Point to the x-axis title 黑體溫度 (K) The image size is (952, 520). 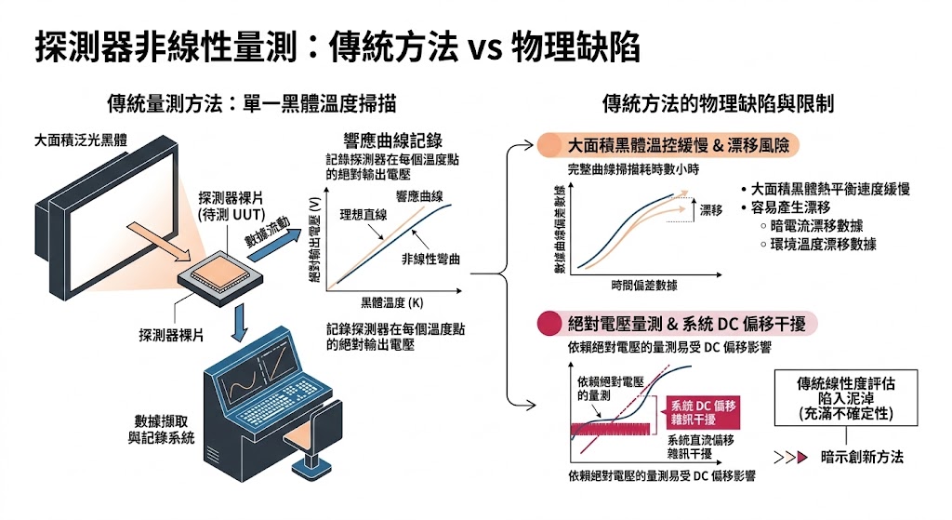click(391, 303)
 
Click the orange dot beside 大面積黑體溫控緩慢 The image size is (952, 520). click(550, 146)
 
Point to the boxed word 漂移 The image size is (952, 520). click(710, 211)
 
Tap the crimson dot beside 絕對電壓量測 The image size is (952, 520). click(550, 325)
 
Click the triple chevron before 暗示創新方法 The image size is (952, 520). click(788, 457)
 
